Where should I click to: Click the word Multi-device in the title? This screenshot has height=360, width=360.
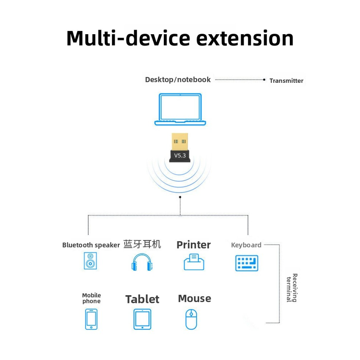coord(128,38)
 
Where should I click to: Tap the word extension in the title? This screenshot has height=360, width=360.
coord(245,38)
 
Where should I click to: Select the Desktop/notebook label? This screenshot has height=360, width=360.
coord(178,80)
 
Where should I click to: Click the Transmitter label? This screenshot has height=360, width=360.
coord(286,81)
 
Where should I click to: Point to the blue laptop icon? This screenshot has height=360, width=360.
coord(180,109)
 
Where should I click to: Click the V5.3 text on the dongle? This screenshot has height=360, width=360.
coord(180,155)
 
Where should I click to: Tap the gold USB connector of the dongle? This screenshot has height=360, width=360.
coord(180,141)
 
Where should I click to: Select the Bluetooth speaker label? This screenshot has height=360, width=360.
coord(91,245)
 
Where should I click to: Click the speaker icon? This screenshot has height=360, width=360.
coord(90,261)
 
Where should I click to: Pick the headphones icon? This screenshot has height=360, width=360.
coord(142,262)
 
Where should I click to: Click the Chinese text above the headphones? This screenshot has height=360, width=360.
coord(142,244)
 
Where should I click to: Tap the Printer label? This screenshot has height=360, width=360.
coord(193,245)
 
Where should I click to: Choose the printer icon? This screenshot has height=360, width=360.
coord(194,262)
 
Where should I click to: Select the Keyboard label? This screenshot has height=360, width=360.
coord(246,245)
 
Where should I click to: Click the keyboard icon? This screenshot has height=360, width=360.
coord(247,263)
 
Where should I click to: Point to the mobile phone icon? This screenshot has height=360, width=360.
coord(91,319)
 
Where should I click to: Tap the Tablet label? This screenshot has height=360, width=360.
coord(142,299)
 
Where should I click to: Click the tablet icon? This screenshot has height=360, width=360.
coord(142,319)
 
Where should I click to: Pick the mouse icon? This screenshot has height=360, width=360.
coord(191,319)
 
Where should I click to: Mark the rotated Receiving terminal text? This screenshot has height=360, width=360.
coord(292,288)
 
